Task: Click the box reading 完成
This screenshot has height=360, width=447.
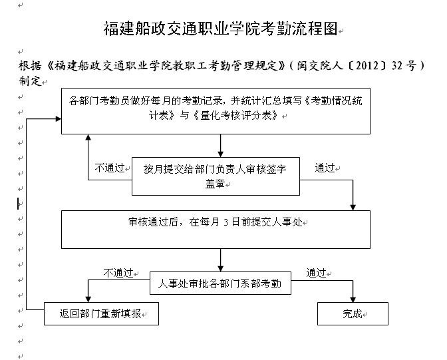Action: point(353,314)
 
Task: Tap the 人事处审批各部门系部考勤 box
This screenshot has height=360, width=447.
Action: point(220,284)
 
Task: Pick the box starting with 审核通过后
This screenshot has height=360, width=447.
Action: point(216,230)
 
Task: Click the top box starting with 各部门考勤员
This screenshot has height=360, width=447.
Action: point(216,110)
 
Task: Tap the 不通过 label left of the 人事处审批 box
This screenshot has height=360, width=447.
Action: point(118,273)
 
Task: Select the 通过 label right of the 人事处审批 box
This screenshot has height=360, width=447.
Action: point(316,273)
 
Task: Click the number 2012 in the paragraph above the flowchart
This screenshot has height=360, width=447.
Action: point(357,67)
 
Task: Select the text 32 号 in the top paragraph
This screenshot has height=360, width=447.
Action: point(401,67)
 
